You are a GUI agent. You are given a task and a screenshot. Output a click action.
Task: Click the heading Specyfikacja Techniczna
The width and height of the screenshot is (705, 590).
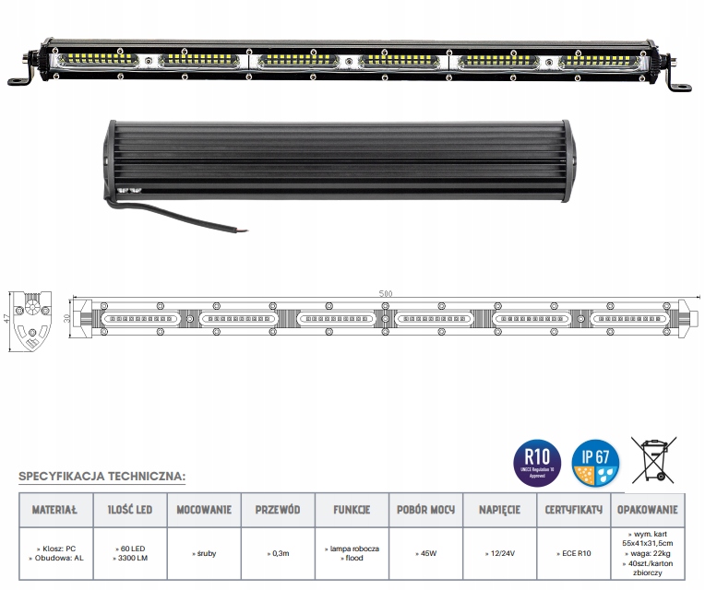pos(102,477)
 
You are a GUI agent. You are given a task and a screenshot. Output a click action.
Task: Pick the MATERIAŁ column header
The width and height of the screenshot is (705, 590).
pos(55,509)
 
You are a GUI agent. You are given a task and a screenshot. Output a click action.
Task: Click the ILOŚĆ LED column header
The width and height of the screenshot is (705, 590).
pos(129,509)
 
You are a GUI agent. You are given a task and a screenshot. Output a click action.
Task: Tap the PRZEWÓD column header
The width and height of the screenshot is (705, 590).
pos(277,509)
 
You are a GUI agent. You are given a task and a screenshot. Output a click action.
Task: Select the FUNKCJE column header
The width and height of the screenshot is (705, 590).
pos(352,509)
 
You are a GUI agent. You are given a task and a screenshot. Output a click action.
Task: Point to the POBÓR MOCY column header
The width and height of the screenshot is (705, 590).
pos(426,509)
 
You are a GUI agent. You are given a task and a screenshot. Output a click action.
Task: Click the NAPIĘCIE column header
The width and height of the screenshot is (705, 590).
pos(499,509)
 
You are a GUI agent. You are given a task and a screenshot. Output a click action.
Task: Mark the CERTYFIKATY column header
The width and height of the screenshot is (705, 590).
pos(574,509)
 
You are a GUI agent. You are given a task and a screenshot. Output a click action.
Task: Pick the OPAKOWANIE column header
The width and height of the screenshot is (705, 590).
pos(649,509)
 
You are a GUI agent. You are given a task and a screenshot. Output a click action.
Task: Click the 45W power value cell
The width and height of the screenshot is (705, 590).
pos(426,553)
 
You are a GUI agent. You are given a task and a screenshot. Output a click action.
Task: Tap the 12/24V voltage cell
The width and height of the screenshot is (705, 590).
pos(500,553)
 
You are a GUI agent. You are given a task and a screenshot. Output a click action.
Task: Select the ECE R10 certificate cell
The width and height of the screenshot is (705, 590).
pos(575,553)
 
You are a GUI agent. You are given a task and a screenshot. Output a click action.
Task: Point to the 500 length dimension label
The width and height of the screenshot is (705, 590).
pos(385,293)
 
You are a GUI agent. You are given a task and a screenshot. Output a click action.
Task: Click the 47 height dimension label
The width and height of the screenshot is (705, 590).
pos(6,318)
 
